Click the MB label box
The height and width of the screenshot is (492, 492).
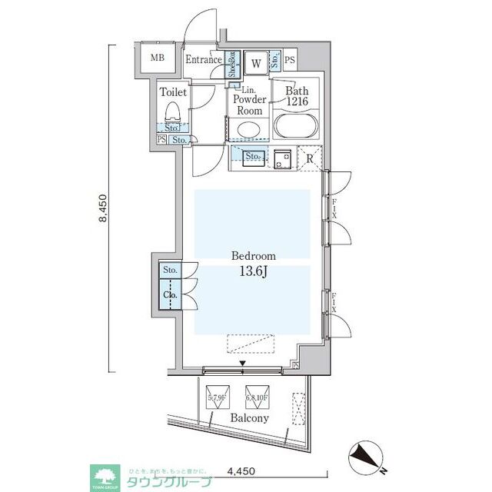[x=157, y=58]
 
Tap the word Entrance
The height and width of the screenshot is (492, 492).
[x=204, y=59]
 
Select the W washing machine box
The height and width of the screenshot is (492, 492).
[x=254, y=62]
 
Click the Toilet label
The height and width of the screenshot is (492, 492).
[x=173, y=92]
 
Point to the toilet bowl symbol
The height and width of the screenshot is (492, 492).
[x=175, y=113]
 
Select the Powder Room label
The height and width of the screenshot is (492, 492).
[x=250, y=105]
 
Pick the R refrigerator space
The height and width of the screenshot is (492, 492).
[x=309, y=159]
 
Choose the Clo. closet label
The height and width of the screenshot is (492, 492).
[x=170, y=294]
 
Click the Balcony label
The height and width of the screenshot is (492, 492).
[x=250, y=418]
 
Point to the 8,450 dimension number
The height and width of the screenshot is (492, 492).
[x=103, y=208]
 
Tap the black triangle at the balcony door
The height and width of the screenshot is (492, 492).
[x=244, y=364]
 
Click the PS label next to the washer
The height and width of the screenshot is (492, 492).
[x=289, y=61]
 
